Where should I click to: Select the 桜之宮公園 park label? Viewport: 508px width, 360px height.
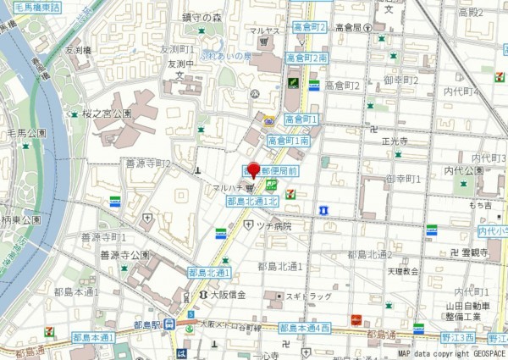coord(107,113)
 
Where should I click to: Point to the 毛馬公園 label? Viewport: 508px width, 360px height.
coord(25,133)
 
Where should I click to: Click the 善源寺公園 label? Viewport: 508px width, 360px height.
coord(124,254)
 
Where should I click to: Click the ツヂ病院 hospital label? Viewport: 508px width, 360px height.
coord(273,226)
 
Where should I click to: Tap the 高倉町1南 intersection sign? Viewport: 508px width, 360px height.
coord(288,141)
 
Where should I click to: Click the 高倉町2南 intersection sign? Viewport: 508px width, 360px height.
coord(306,58)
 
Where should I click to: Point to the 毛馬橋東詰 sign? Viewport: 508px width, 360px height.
coord(31,7)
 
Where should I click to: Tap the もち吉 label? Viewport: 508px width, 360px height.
coord(481,205)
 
